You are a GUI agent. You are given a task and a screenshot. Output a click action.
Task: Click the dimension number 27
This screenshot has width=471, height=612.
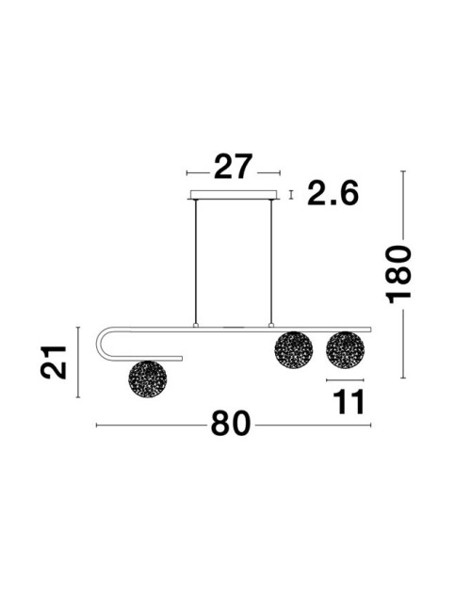(234, 167)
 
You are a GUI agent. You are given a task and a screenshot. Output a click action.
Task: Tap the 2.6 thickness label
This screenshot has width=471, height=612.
(333, 193)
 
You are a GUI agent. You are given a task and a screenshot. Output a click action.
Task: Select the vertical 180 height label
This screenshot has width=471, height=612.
(398, 274)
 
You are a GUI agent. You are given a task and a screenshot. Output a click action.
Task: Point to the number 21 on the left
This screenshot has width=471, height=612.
(54, 362)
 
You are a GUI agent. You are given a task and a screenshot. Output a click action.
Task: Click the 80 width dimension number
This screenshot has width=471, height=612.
(231, 423)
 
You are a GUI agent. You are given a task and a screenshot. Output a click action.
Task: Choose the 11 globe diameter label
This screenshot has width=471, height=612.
(349, 402)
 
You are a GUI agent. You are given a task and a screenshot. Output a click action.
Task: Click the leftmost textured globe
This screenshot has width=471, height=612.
(148, 379)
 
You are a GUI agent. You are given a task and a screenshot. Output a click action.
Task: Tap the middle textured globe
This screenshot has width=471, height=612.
(294, 350)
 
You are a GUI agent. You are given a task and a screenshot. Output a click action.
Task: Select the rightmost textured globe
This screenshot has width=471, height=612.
(346, 350)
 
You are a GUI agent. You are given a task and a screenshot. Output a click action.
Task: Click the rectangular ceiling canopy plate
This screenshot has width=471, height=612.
(234, 195)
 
